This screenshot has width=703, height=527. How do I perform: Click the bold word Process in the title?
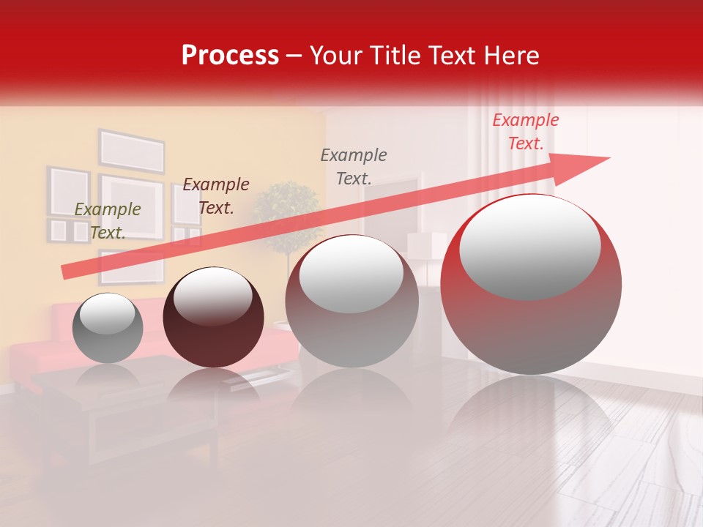tap(230, 56)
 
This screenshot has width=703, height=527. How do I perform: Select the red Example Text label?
tap(525, 132)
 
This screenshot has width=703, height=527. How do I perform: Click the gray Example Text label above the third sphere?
tap(354, 166)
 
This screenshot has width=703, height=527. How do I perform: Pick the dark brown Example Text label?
tap(215, 195)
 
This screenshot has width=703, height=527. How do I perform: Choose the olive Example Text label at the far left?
tap(108, 220)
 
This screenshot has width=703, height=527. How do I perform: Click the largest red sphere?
tap(531, 322)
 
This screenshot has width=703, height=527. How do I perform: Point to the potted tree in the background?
tap(287, 216)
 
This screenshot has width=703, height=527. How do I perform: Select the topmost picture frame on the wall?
tap(132, 152)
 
